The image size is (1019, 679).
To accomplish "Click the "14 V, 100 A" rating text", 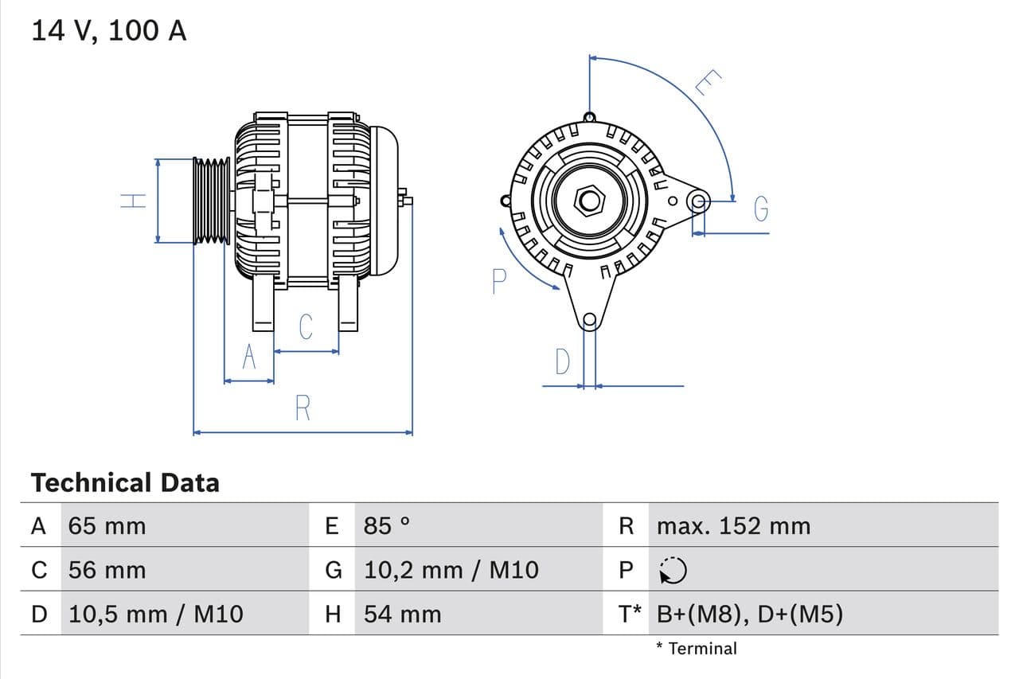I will click(109, 30).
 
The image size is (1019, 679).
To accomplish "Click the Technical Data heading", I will click(125, 482).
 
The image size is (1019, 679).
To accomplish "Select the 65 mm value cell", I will click(107, 525).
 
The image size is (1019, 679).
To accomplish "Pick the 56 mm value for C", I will click(107, 570).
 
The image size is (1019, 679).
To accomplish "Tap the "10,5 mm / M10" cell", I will click(156, 614).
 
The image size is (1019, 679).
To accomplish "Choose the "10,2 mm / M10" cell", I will click(451, 570).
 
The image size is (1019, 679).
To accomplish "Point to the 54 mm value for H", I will click(402, 614).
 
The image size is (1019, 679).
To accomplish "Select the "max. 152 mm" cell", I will click(733, 525).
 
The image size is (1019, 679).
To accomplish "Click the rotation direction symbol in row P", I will click(673, 569).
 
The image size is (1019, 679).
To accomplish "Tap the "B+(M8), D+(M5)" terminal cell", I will click(749, 614).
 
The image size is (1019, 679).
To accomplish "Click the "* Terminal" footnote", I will click(697, 648).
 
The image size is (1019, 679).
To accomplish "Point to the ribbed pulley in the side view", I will click(211, 201).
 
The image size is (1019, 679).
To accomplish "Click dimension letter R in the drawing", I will click(303, 408).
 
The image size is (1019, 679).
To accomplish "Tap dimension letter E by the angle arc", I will click(708, 82).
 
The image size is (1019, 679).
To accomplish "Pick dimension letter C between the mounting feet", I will click(306, 327).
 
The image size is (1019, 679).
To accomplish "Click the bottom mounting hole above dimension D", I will click(589, 321).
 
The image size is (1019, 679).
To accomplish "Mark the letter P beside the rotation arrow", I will click(499, 281).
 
